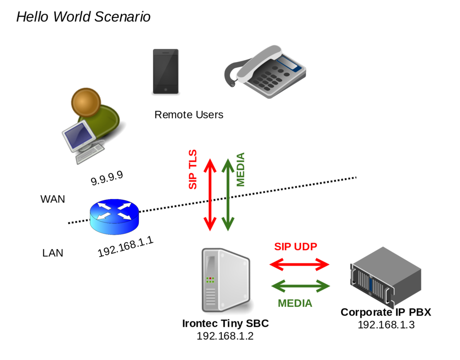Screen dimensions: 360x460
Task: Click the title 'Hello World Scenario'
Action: (83, 17)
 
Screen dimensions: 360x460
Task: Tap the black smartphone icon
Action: (165, 71)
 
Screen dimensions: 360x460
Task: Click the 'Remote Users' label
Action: (189, 115)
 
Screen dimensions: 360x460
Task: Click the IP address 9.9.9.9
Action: (107, 178)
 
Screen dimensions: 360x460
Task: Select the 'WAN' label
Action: (53, 199)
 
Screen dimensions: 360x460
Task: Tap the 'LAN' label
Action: (53, 253)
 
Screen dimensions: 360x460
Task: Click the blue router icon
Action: (114, 217)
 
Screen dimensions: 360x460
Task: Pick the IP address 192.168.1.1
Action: (125, 247)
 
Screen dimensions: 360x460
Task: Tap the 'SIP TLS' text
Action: (193, 169)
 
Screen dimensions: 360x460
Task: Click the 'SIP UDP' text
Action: (296, 246)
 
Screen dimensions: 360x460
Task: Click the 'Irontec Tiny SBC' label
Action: (225, 324)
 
